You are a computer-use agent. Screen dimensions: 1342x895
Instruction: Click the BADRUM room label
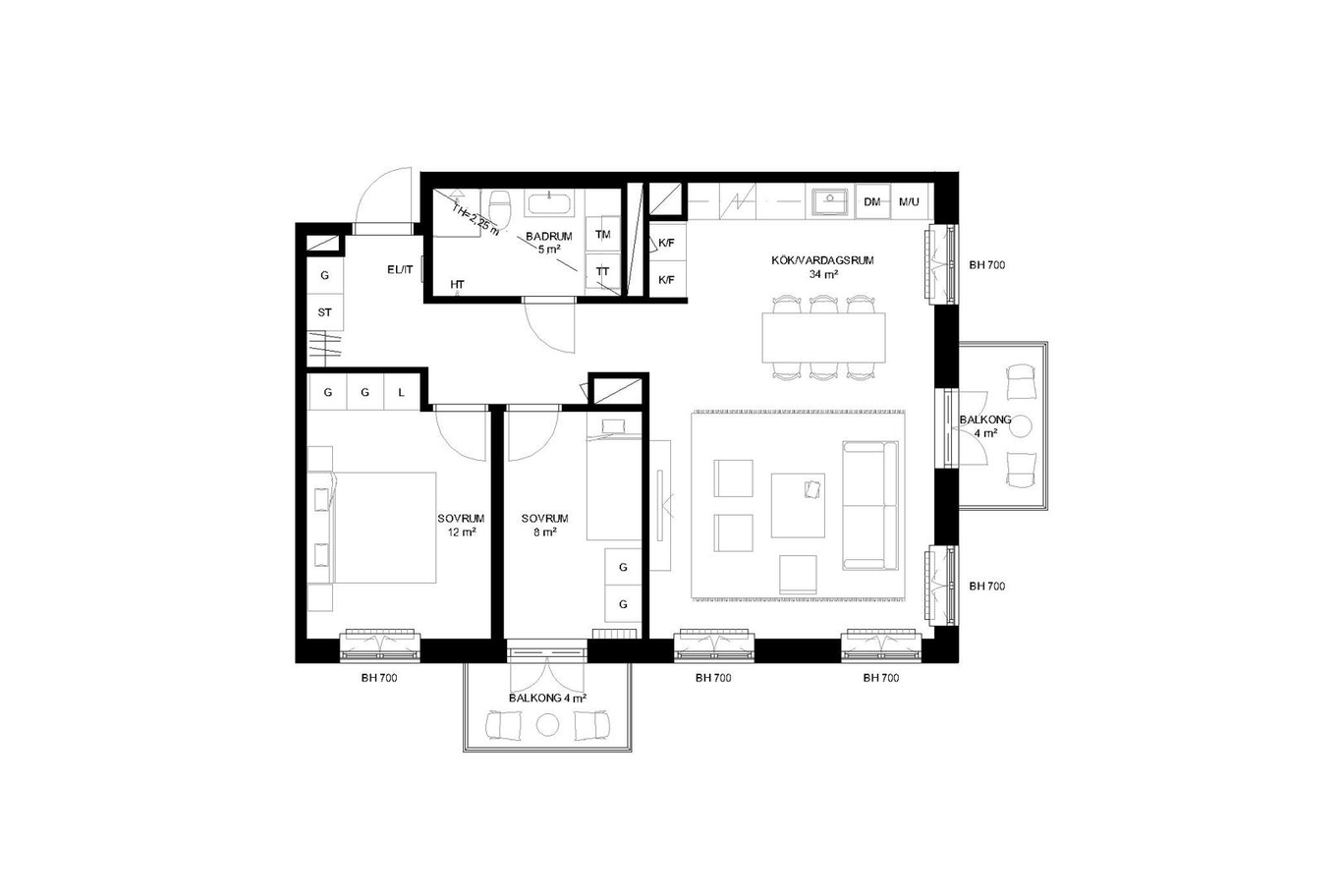click(x=549, y=237)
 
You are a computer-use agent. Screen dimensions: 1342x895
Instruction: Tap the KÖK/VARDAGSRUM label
click(x=822, y=260)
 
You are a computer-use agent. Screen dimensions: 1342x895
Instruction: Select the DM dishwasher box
click(x=872, y=201)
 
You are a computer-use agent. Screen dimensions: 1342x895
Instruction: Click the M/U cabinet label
click(x=909, y=201)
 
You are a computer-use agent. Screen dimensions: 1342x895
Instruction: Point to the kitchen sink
click(x=830, y=201)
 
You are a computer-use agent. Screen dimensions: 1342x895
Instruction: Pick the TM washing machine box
click(x=602, y=234)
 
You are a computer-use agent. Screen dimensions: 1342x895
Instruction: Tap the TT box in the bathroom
click(x=602, y=272)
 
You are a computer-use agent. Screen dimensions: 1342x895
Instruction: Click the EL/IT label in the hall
click(x=400, y=270)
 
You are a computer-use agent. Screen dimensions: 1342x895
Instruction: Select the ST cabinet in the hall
click(x=325, y=312)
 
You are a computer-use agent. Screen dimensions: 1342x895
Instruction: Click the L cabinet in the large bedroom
click(x=402, y=392)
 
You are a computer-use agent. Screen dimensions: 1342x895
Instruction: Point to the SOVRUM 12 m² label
click(x=461, y=525)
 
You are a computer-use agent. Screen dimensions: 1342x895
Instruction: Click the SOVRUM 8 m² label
click(x=544, y=525)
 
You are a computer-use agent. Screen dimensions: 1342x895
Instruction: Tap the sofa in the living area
click(x=870, y=506)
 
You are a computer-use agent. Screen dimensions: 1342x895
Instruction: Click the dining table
click(x=824, y=337)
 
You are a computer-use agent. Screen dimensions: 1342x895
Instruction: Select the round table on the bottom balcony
click(x=547, y=725)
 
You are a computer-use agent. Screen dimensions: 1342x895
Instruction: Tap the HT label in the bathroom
click(x=457, y=285)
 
